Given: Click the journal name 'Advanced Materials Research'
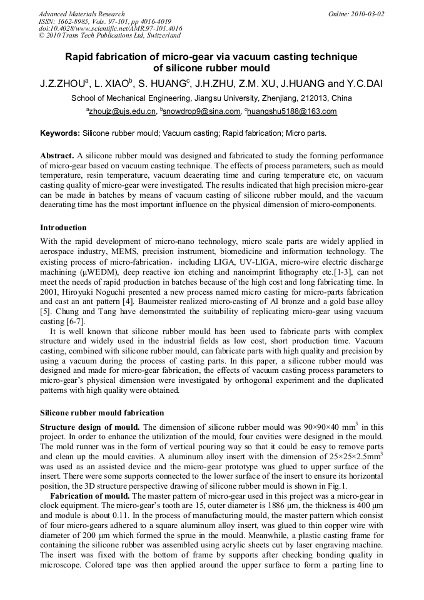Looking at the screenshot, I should [81, 14].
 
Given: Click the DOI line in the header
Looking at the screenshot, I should [111, 28].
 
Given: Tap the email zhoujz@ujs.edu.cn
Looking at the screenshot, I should [122, 112].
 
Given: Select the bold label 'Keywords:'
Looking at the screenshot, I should [60, 133].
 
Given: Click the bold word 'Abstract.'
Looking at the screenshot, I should [57, 155].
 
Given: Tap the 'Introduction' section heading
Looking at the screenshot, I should [63, 227].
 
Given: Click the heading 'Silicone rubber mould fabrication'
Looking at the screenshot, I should [102, 413].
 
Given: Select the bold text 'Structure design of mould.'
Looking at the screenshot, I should [90, 427].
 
